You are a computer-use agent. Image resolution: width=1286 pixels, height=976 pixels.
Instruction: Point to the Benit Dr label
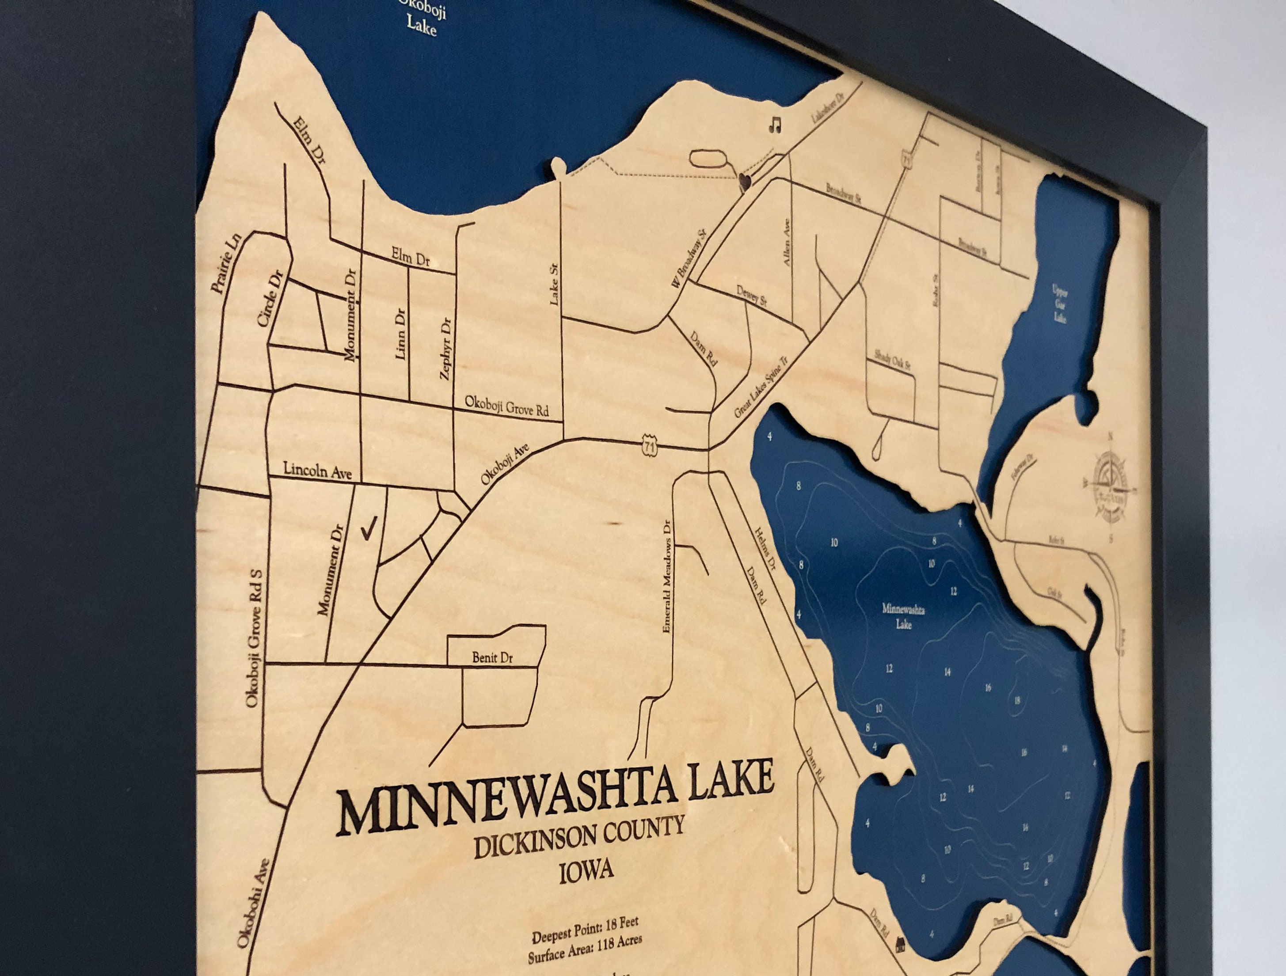(492, 658)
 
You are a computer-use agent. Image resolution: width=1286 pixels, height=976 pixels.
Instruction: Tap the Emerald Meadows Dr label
(666, 576)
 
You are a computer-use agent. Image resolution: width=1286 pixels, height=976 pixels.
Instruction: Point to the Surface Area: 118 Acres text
(584, 957)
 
